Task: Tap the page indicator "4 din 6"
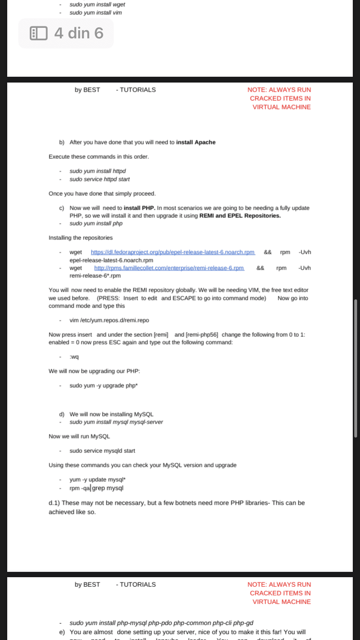click(79, 33)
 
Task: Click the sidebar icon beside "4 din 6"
click(38, 33)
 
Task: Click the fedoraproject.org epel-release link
click(172, 252)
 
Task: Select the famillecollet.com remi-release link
click(169, 268)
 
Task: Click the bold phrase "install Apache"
click(196, 142)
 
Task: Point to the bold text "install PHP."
click(139, 208)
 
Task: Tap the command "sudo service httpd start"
click(99, 179)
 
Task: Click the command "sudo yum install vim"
click(96, 12)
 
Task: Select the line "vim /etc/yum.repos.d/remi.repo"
click(106, 320)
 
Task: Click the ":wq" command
click(74, 356)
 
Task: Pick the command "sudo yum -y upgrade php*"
click(100, 385)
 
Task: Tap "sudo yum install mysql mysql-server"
click(116, 422)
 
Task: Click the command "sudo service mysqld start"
click(102, 450)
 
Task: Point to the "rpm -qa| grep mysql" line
click(96, 488)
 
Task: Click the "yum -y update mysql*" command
click(97, 479)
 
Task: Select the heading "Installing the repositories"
click(81, 237)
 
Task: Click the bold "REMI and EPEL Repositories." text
click(240, 215)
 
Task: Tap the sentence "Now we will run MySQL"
click(79, 436)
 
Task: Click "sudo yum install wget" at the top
click(97, 4)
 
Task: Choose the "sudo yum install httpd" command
click(97, 171)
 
